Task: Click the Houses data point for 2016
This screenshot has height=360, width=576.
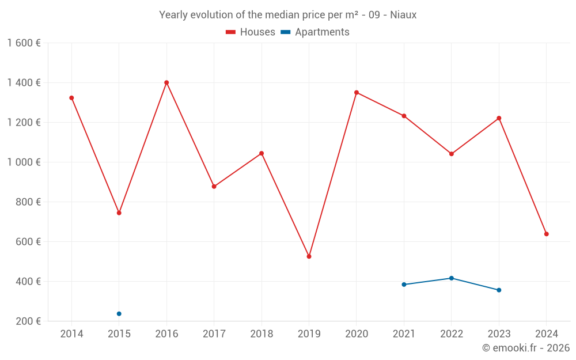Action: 166,82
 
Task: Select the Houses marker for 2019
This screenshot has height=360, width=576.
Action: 309,256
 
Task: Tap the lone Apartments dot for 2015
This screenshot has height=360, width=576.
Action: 119,314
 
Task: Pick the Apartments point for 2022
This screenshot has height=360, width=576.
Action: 452,278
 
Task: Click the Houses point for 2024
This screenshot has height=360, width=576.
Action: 547,234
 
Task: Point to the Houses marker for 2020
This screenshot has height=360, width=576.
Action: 357,92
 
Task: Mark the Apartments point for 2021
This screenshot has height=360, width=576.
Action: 404,285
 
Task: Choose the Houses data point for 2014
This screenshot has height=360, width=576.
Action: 71,98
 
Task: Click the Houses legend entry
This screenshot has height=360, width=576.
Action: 251,32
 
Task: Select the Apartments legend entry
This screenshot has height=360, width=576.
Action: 315,32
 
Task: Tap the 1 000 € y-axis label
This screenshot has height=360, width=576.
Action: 24,162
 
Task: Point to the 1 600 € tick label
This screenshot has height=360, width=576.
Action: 24,43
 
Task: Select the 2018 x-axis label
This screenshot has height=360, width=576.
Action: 262,334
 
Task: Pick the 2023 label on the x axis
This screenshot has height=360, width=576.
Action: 499,334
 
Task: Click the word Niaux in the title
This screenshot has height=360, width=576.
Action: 403,15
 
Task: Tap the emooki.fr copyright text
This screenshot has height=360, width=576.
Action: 526,348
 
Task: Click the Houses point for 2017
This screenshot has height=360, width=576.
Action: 214,187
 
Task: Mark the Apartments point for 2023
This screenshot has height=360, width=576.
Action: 499,290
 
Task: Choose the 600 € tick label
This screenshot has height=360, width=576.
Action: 28,242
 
